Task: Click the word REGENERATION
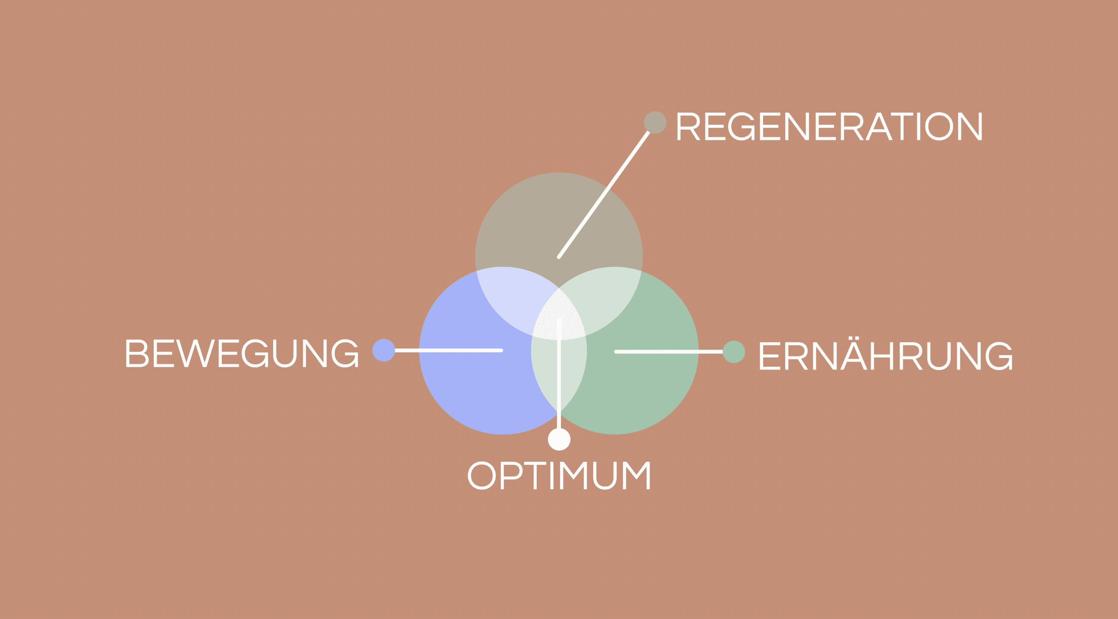(829, 126)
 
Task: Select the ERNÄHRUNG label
(885, 355)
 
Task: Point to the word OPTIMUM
(559, 475)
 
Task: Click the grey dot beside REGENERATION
(655, 122)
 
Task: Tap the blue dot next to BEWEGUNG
(384, 350)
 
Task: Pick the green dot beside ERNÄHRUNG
(734, 352)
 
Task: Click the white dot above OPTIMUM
(559, 439)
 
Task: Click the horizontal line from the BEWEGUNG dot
(447, 350)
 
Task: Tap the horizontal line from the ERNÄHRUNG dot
(668, 352)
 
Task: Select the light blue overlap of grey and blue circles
(512, 300)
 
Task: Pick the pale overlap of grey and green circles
(607, 300)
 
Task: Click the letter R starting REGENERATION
(688, 126)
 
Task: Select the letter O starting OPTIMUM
(481, 475)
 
